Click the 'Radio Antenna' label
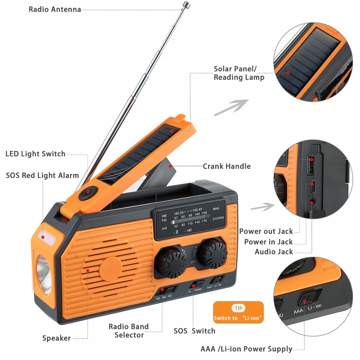(x=54, y=9)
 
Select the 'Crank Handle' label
(x=226, y=166)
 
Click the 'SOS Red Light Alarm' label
(x=42, y=175)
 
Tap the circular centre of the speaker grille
(x=110, y=269)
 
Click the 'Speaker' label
(x=56, y=338)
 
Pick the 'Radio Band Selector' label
(x=128, y=331)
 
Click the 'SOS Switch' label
(x=194, y=331)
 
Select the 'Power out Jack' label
(x=265, y=231)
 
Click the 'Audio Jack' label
(x=273, y=251)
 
